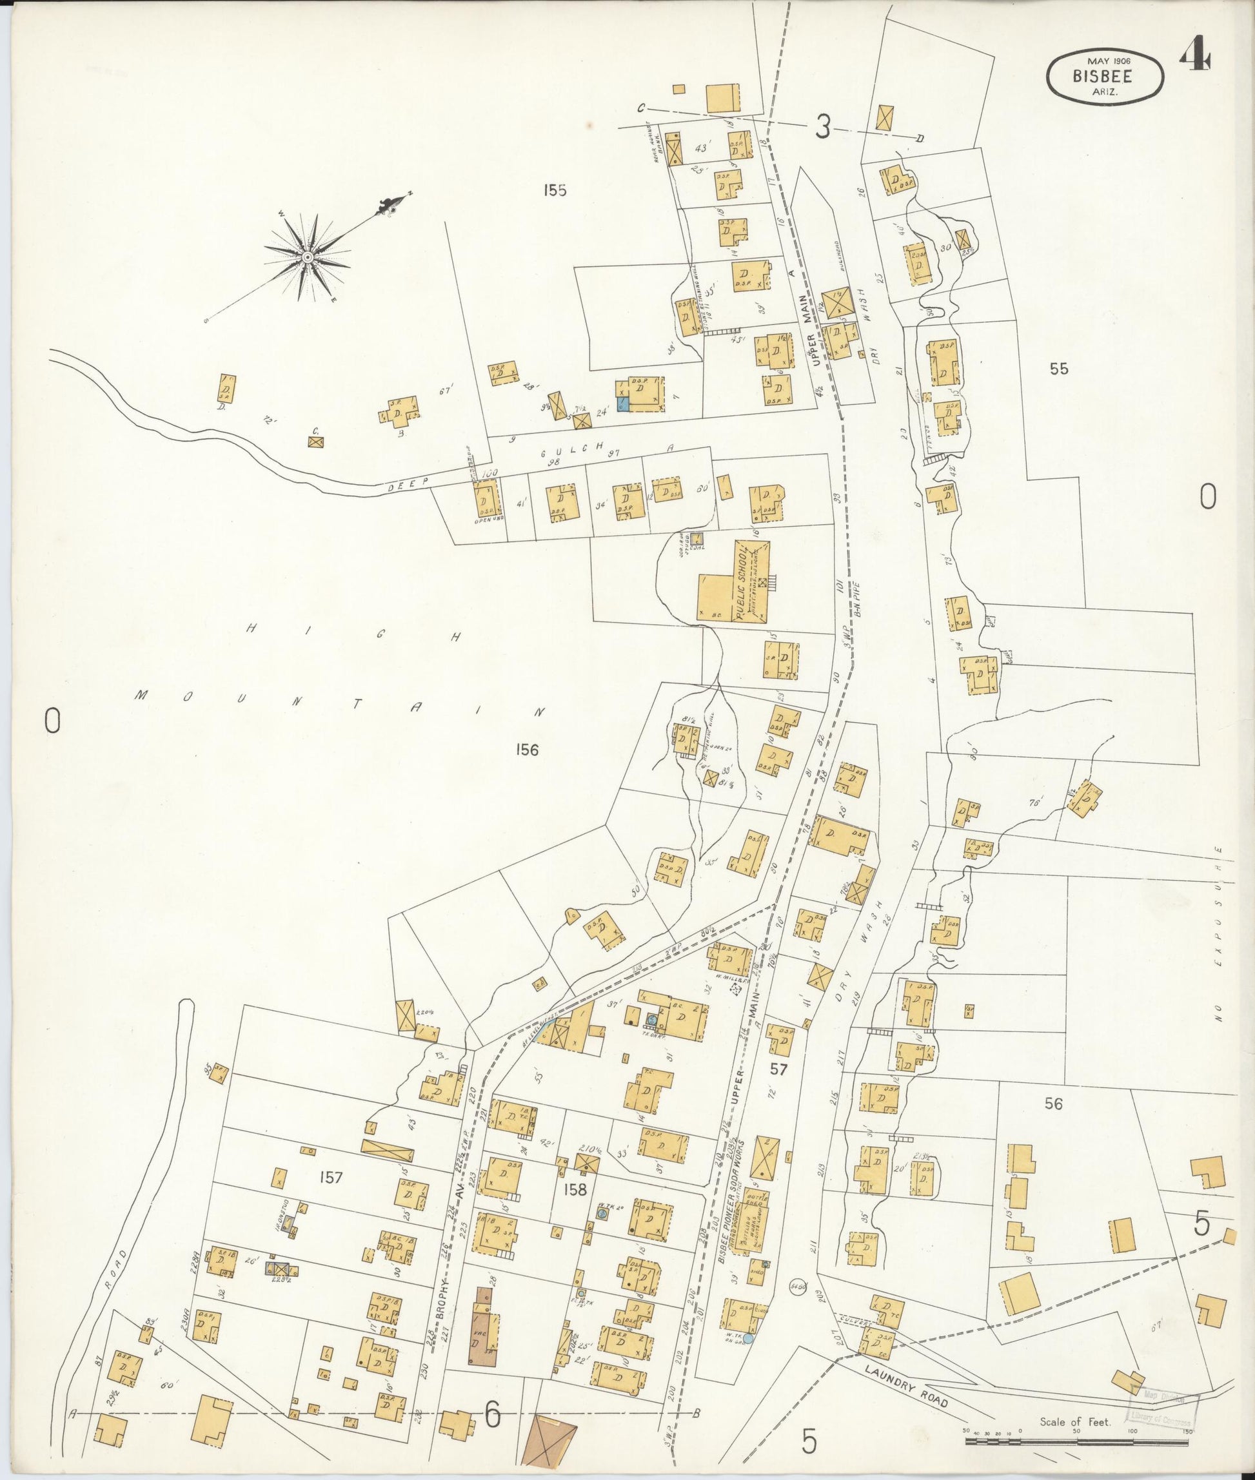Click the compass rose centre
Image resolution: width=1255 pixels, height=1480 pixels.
tap(308, 257)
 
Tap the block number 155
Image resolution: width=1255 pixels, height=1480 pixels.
tap(553, 190)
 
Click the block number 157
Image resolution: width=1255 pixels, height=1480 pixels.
tap(331, 1177)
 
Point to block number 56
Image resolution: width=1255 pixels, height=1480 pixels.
tap(1054, 1104)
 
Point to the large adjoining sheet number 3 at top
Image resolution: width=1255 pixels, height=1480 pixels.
tap(822, 128)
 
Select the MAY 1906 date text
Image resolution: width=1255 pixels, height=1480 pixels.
tap(1104, 61)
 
